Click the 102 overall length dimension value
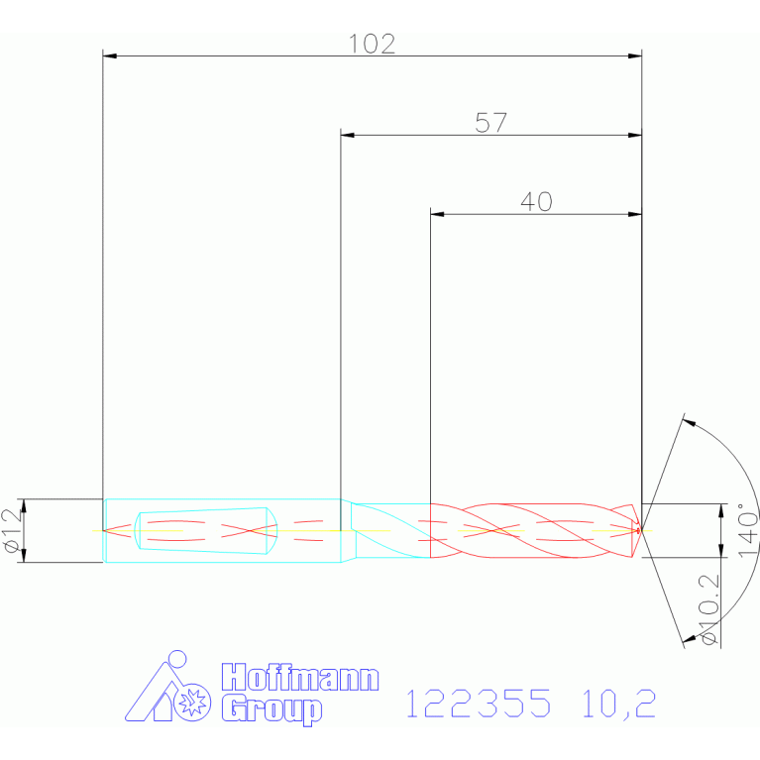point(372,45)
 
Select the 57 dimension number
point(490,123)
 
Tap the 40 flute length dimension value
point(536,201)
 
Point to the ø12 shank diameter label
point(13,530)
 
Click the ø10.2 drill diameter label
point(708,609)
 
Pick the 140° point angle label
point(747,530)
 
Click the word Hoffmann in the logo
point(300,678)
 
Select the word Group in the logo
point(271,709)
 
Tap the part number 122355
point(478,704)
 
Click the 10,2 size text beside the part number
point(619,705)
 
